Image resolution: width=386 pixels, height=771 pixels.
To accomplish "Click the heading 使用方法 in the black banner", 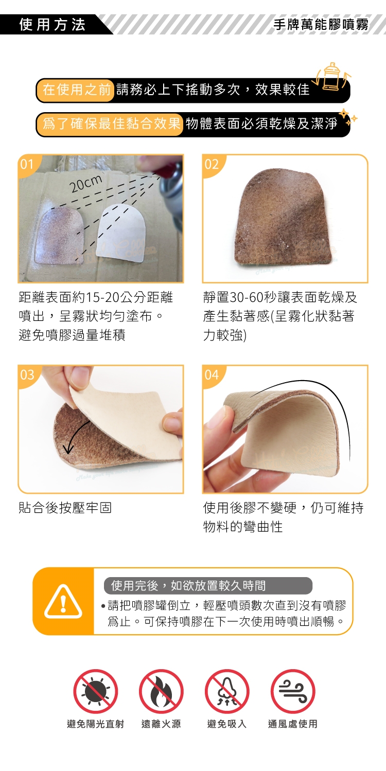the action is pyautogui.click(x=52, y=25).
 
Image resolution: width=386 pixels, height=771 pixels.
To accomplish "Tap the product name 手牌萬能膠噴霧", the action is pyautogui.click(x=321, y=25).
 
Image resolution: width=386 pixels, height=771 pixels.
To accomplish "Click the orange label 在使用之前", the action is pyautogui.click(x=77, y=90).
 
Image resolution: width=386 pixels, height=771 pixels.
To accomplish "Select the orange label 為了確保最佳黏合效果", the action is pyautogui.click(x=112, y=123).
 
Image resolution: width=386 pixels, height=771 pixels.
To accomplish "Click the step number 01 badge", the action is pyautogui.click(x=27, y=164).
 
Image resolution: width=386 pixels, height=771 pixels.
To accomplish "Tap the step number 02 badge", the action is pyautogui.click(x=212, y=164).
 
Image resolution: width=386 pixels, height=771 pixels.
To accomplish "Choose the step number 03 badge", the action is pyautogui.click(x=27, y=374).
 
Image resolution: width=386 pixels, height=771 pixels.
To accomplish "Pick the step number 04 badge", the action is pyautogui.click(x=212, y=374).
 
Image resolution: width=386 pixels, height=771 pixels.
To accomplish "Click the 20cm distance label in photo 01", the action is pyautogui.click(x=86, y=184).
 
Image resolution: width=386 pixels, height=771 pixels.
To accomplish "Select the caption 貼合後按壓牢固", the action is pyautogui.click(x=65, y=508).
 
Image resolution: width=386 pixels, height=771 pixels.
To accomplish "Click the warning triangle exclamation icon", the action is pyautogui.click(x=63, y=602).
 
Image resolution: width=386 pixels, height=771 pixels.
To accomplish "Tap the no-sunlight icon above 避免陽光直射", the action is pyautogui.click(x=96, y=691).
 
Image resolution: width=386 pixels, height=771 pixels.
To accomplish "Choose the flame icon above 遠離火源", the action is pyautogui.click(x=161, y=691).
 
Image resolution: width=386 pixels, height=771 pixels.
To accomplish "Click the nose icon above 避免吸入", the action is pyautogui.click(x=227, y=691).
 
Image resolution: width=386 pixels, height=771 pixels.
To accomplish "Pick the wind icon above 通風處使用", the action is pyautogui.click(x=293, y=691).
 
